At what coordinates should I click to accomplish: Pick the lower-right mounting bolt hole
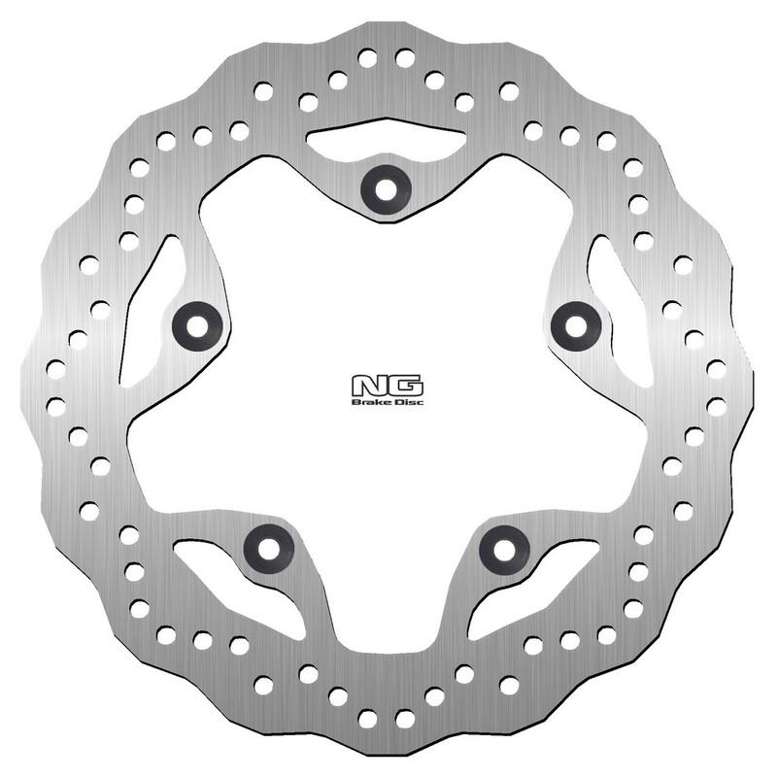tap(504, 549)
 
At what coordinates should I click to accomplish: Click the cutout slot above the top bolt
tap(386, 141)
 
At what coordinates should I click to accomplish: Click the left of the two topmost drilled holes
tap(367, 58)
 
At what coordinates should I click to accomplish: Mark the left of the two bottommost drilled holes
tap(367, 719)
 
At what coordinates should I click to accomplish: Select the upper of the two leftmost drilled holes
tap(55, 369)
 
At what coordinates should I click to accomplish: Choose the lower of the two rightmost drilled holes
tap(717, 406)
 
